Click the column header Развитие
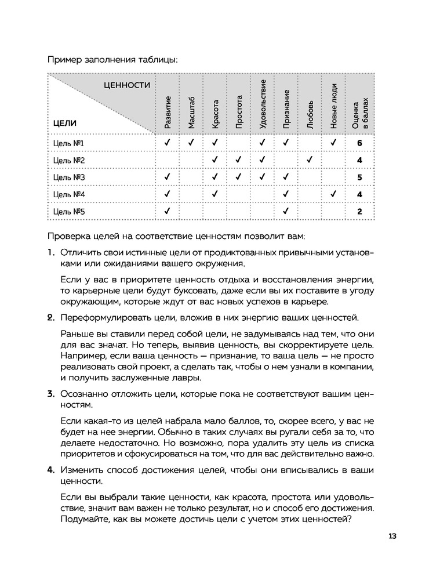point(167,112)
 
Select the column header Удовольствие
point(262,104)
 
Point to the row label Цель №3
point(69,177)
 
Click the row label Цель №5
point(69,212)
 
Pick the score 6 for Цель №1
point(360,143)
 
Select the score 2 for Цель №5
point(360,212)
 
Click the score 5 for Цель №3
point(360,177)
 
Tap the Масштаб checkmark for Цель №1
point(191,143)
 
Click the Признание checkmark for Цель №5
point(286,212)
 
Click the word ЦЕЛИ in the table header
point(64,123)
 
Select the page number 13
point(392,536)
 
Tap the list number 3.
point(50,394)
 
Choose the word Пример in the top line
point(62,59)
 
